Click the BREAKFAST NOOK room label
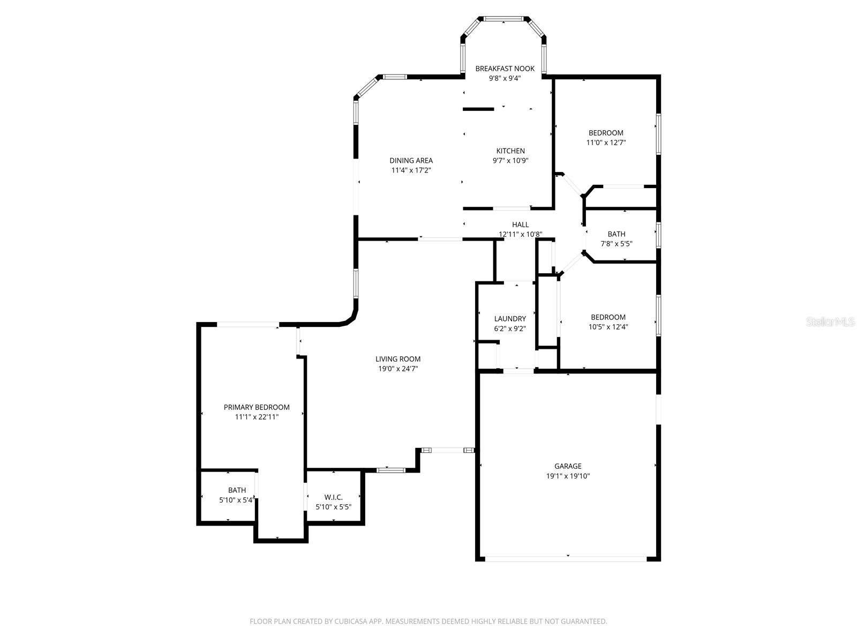(x=505, y=69)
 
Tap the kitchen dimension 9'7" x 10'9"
(x=510, y=160)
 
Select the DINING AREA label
(x=411, y=160)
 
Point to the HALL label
(x=520, y=225)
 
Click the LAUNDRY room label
(x=509, y=319)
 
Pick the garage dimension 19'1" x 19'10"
(x=568, y=476)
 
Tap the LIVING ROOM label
(x=397, y=359)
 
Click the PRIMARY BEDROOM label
(x=257, y=407)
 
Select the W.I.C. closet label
(x=333, y=497)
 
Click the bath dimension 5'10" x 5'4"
(x=236, y=500)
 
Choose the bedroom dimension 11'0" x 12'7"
(x=606, y=143)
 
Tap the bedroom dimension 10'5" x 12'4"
(x=608, y=326)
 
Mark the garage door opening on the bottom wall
(x=566, y=558)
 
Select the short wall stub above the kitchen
(x=478, y=109)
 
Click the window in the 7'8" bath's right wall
(x=658, y=235)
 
